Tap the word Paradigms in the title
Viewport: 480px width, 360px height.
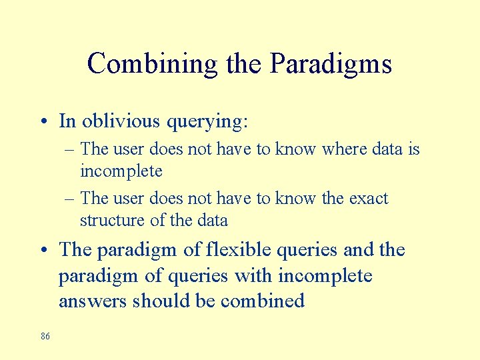tap(331, 64)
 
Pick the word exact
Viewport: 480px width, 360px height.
tap(366, 198)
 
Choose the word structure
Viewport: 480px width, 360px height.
tap(110, 220)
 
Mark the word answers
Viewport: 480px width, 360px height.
tap(93, 301)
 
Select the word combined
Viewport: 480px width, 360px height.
tap(263, 301)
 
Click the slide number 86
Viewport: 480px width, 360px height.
tap(45, 337)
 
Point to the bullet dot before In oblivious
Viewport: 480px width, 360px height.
tap(43, 122)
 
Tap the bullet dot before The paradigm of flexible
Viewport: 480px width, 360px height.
tap(43, 251)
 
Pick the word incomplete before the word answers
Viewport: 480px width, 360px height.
tap(325, 275)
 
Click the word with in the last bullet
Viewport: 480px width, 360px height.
tap(256, 275)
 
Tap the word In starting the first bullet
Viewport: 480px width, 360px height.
tap(67, 121)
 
